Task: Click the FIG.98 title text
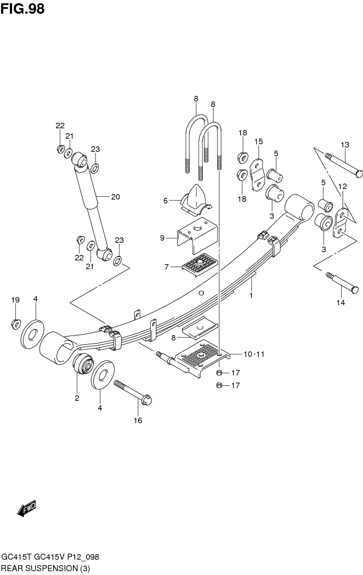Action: click(x=22, y=9)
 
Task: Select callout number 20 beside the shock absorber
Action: click(x=115, y=197)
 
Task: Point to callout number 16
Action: click(x=138, y=420)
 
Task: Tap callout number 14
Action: click(x=341, y=303)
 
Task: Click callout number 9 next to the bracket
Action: click(x=162, y=238)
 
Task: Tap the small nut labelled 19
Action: click(x=16, y=324)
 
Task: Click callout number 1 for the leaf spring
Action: click(x=251, y=295)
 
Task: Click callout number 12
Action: click(x=343, y=186)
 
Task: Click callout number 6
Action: click(x=165, y=201)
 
